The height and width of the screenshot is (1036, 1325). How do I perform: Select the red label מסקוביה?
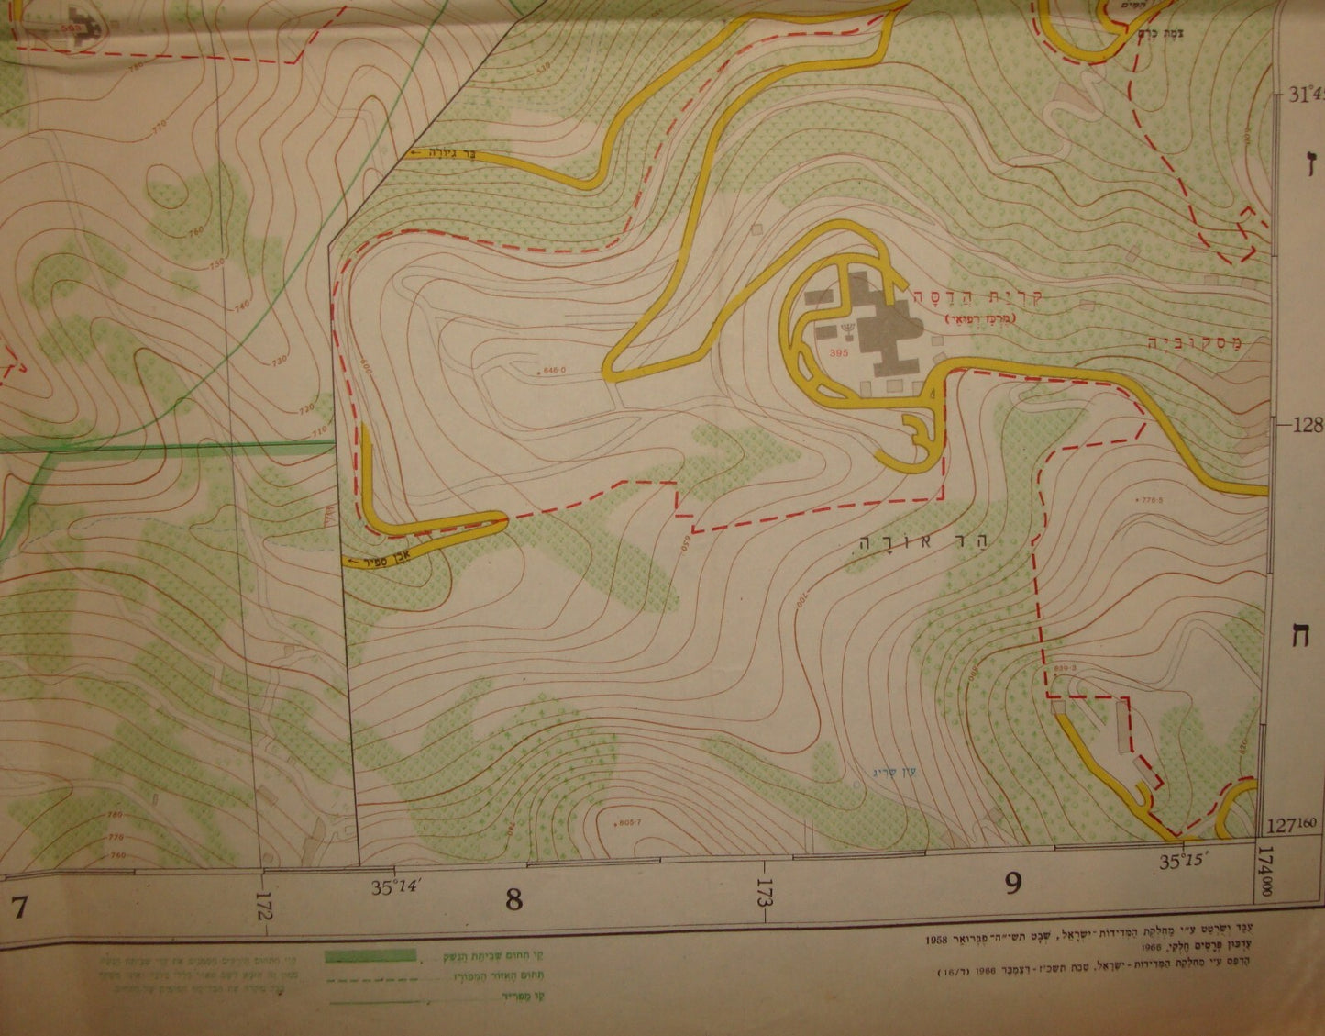tap(1192, 343)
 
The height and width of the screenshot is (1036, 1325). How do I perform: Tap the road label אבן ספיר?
tap(369, 559)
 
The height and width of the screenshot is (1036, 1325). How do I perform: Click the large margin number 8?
tap(513, 899)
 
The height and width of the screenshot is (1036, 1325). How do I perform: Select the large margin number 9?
tap(1012, 883)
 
